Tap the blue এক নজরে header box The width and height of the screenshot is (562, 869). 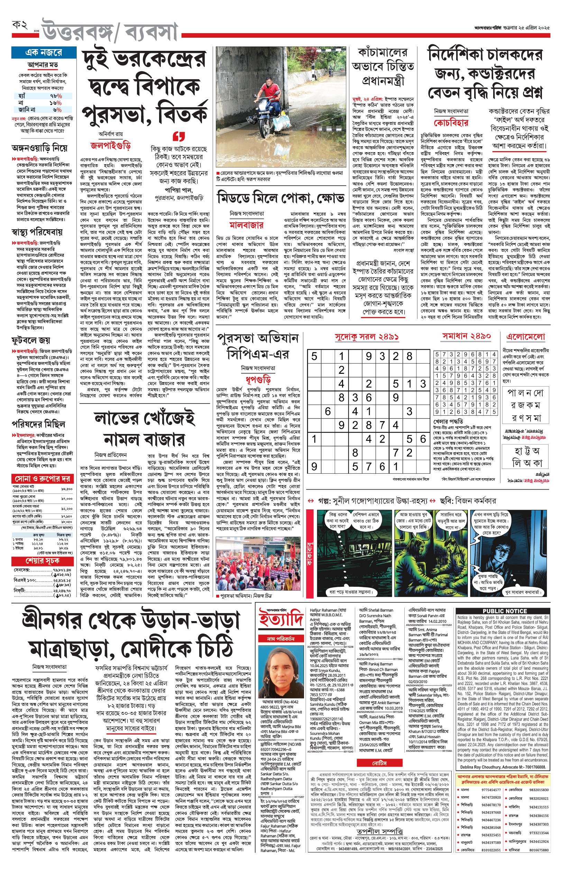[44, 53]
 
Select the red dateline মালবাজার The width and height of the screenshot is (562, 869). [246, 225]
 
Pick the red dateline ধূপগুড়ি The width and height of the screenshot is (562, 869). [258, 379]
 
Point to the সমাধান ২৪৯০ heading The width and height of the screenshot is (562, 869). [466, 336]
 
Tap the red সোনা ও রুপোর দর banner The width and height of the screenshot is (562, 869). [42, 479]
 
